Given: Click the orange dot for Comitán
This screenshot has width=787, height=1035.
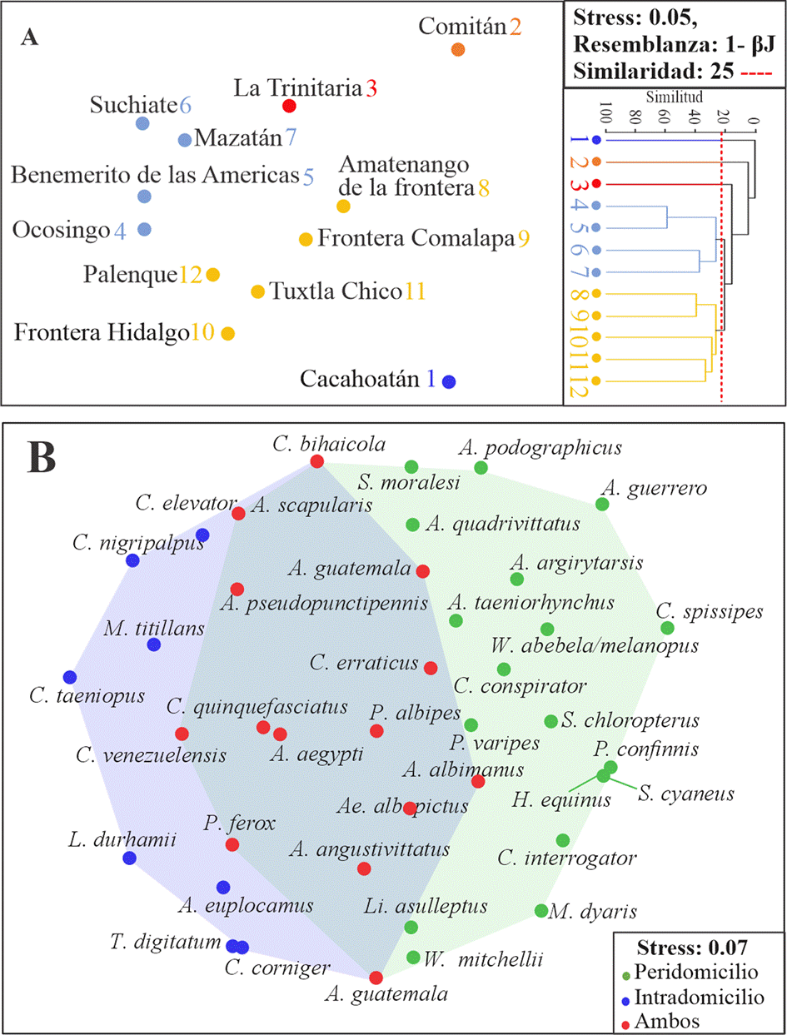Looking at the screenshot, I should pos(456,49).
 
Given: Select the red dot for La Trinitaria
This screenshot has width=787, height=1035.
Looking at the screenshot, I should pos(289,106).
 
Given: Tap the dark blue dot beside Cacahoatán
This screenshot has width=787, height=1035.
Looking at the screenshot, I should pos(449,382).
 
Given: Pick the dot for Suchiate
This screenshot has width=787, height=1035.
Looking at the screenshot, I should pos(142,124).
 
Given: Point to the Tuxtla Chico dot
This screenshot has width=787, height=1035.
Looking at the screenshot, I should pos(258,291).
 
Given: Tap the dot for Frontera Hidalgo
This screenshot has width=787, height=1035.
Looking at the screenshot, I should pos(227,333).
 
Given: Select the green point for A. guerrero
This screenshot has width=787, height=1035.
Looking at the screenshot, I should pos(602,504).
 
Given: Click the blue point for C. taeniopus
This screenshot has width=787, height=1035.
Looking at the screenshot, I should pos(69,676).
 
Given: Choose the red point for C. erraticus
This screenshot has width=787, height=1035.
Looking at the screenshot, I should pos(431,668).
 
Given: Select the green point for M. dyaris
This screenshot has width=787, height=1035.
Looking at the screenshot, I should pos(540,910).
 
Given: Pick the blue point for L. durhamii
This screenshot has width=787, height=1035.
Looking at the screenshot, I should pos(129,858).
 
